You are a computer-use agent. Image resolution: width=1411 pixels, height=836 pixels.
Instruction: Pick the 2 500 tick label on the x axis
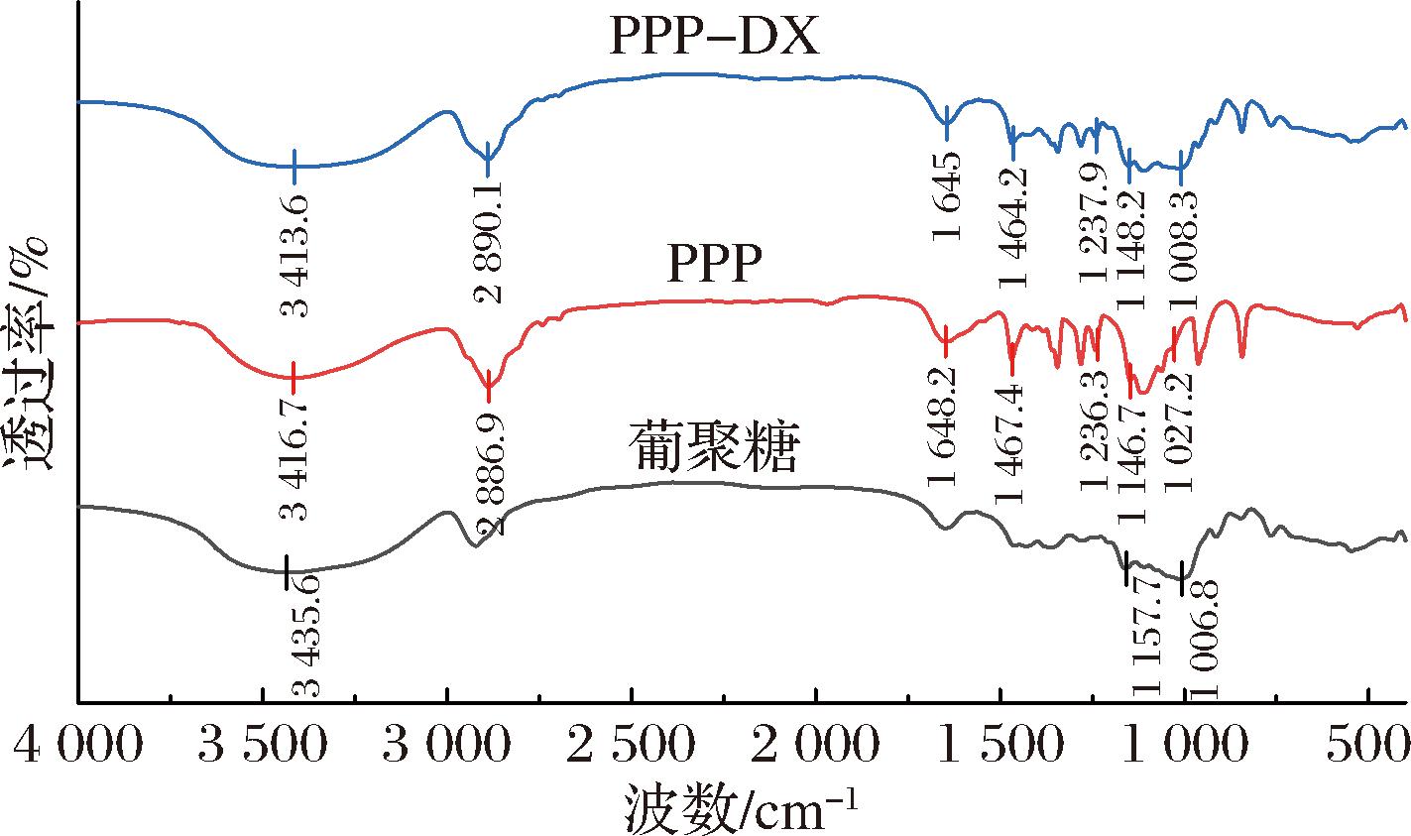631,745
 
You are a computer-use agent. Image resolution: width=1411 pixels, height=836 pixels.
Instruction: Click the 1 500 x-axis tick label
1001,745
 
